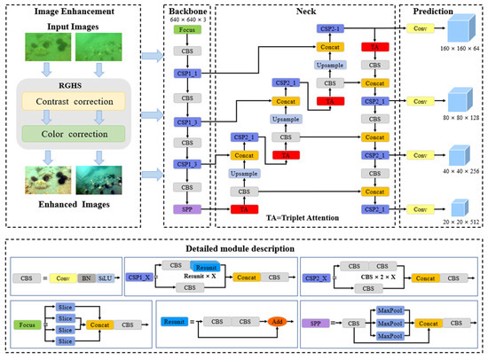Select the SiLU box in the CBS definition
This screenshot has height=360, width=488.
[105, 277]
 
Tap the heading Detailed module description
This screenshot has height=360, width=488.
[243, 247]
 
